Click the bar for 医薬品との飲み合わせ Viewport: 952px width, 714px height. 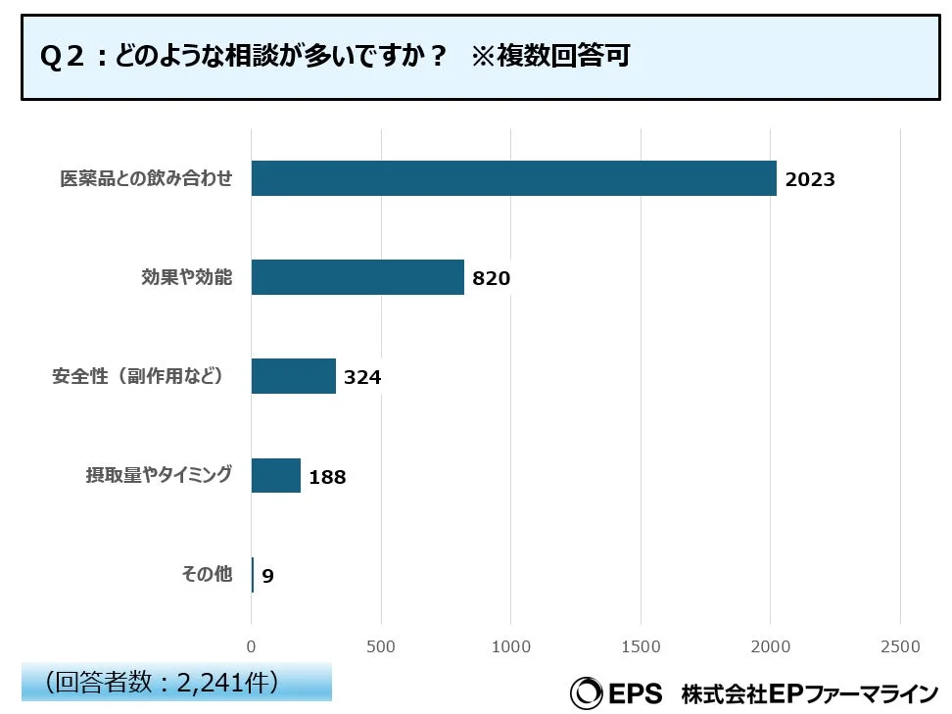pyautogui.click(x=513, y=178)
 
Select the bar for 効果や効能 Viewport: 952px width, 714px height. pyautogui.click(x=357, y=277)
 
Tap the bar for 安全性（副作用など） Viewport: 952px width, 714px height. pyautogui.click(x=294, y=376)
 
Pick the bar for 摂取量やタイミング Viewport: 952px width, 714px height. pyautogui.click(x=276, y=475)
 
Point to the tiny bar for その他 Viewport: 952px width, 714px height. pyautogui.click(x=253, y=575)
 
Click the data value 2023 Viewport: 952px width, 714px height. pyautogui.click(x=810, y=179)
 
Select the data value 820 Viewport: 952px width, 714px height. pyautogui.click(x=491, y=278)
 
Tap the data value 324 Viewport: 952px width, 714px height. pyautogui.click(x=361, y=377)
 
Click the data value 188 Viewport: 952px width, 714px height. pyautogui.click(x=327, y=477)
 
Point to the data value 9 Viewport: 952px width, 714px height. pyautogui.click(x=267, y=576)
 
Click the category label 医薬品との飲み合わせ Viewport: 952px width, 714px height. pyautogui.click(x=146, y=179)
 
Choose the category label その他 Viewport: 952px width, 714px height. pyautogui.click(x=207, y=575)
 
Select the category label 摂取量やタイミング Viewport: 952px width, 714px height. pyautogui.click(x=159, y=475)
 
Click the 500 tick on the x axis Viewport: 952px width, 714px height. pyautogui.click(x=381, y=646)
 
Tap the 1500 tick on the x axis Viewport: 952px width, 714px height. pyautogui.click(x=641, y=646)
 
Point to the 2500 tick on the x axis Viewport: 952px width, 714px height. pyautogui.click(x=900, y=646)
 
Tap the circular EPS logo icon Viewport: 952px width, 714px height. pyautogui.click(x=587, y=693)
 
